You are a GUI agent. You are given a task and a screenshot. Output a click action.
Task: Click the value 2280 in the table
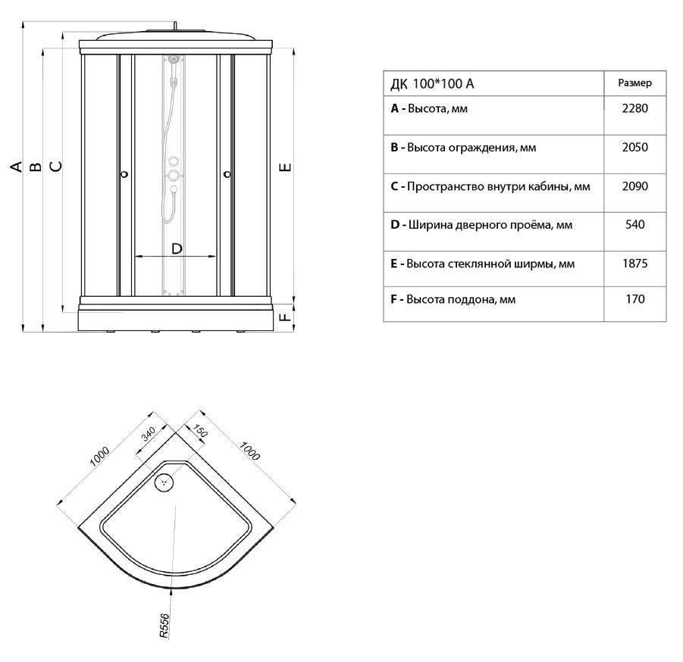(634, 108)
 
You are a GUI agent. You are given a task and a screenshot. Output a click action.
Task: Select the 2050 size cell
(634, 147)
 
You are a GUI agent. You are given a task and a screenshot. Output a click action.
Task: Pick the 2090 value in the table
(634, 186)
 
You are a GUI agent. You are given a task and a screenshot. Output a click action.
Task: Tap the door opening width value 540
(634, 225)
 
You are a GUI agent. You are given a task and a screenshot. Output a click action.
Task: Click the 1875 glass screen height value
(634, 264)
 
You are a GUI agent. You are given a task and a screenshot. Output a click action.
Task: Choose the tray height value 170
(634, 299)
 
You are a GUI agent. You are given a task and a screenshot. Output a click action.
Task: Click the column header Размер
(634, 83)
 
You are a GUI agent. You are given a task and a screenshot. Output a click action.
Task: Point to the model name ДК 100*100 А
(432, 83)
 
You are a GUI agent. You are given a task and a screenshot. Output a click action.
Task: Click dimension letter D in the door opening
(177, 248)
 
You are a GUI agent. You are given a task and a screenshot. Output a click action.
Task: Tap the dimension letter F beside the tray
(285, 317)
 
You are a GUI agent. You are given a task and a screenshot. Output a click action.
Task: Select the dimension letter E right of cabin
(285, 167)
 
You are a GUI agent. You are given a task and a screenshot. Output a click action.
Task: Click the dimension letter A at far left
(16, 167)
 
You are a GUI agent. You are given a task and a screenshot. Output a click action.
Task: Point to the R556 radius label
(164, 626)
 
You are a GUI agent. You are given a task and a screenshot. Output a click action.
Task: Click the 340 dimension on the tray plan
(148, 434)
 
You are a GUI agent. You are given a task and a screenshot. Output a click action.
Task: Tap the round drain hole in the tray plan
(164, 482)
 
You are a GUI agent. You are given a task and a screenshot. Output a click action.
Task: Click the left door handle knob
(124, 174)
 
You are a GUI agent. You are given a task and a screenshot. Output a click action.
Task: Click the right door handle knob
(227, 174)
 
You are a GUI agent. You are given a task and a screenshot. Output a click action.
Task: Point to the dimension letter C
(56, 167)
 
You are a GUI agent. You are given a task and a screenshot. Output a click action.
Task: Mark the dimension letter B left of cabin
(36, 167)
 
